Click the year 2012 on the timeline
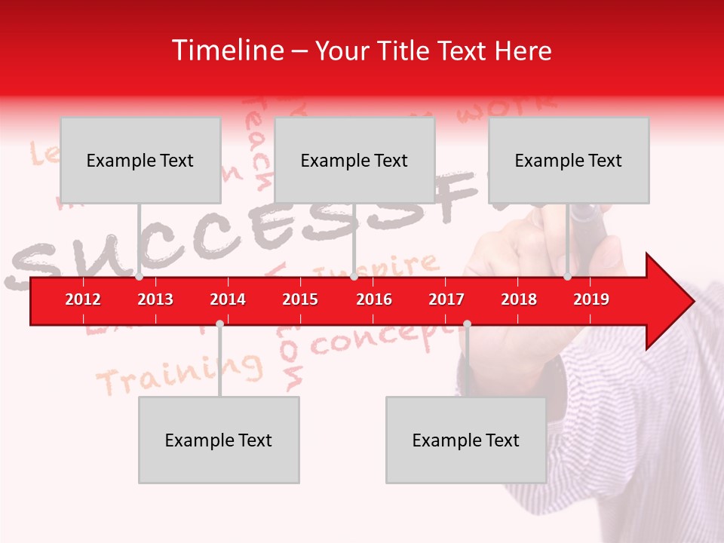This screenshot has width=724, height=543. point(83,299)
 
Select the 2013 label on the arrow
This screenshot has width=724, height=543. point(155,299)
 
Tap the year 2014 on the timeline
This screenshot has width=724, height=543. point(228,299)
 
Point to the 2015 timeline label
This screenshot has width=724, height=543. point(300,299)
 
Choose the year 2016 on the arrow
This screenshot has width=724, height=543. point(374,299)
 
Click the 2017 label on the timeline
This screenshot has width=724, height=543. point(446,299)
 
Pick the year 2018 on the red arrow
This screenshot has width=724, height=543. point(519,299)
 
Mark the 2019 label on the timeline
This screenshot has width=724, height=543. point(591,299)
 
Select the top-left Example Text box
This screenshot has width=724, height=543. point(140,160)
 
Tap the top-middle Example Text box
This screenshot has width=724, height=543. point(354,160)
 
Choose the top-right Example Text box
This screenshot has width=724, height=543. point(569,160)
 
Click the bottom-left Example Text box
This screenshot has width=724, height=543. point(219,440)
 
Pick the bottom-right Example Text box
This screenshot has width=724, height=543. point(466,440)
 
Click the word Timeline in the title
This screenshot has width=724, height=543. point(226,51)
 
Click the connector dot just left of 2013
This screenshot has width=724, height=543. point(140,277)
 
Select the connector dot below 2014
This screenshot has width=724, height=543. point(219,324)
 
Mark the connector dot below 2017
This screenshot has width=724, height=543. point(467,324)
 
